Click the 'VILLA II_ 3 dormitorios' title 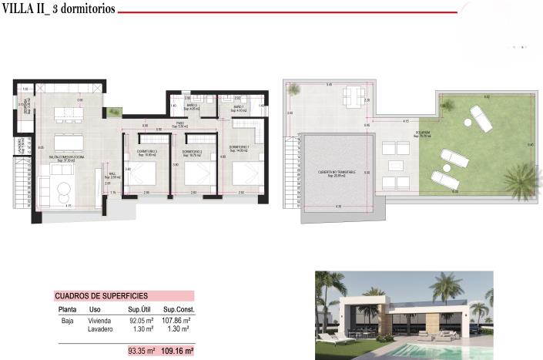(59, 10)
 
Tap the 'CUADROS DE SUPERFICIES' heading (101, 295)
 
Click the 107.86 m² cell (176, 320)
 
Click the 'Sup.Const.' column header (177, 309)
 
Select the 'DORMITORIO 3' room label (146, 151)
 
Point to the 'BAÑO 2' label (193, 106)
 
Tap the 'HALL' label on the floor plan (111, 174)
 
